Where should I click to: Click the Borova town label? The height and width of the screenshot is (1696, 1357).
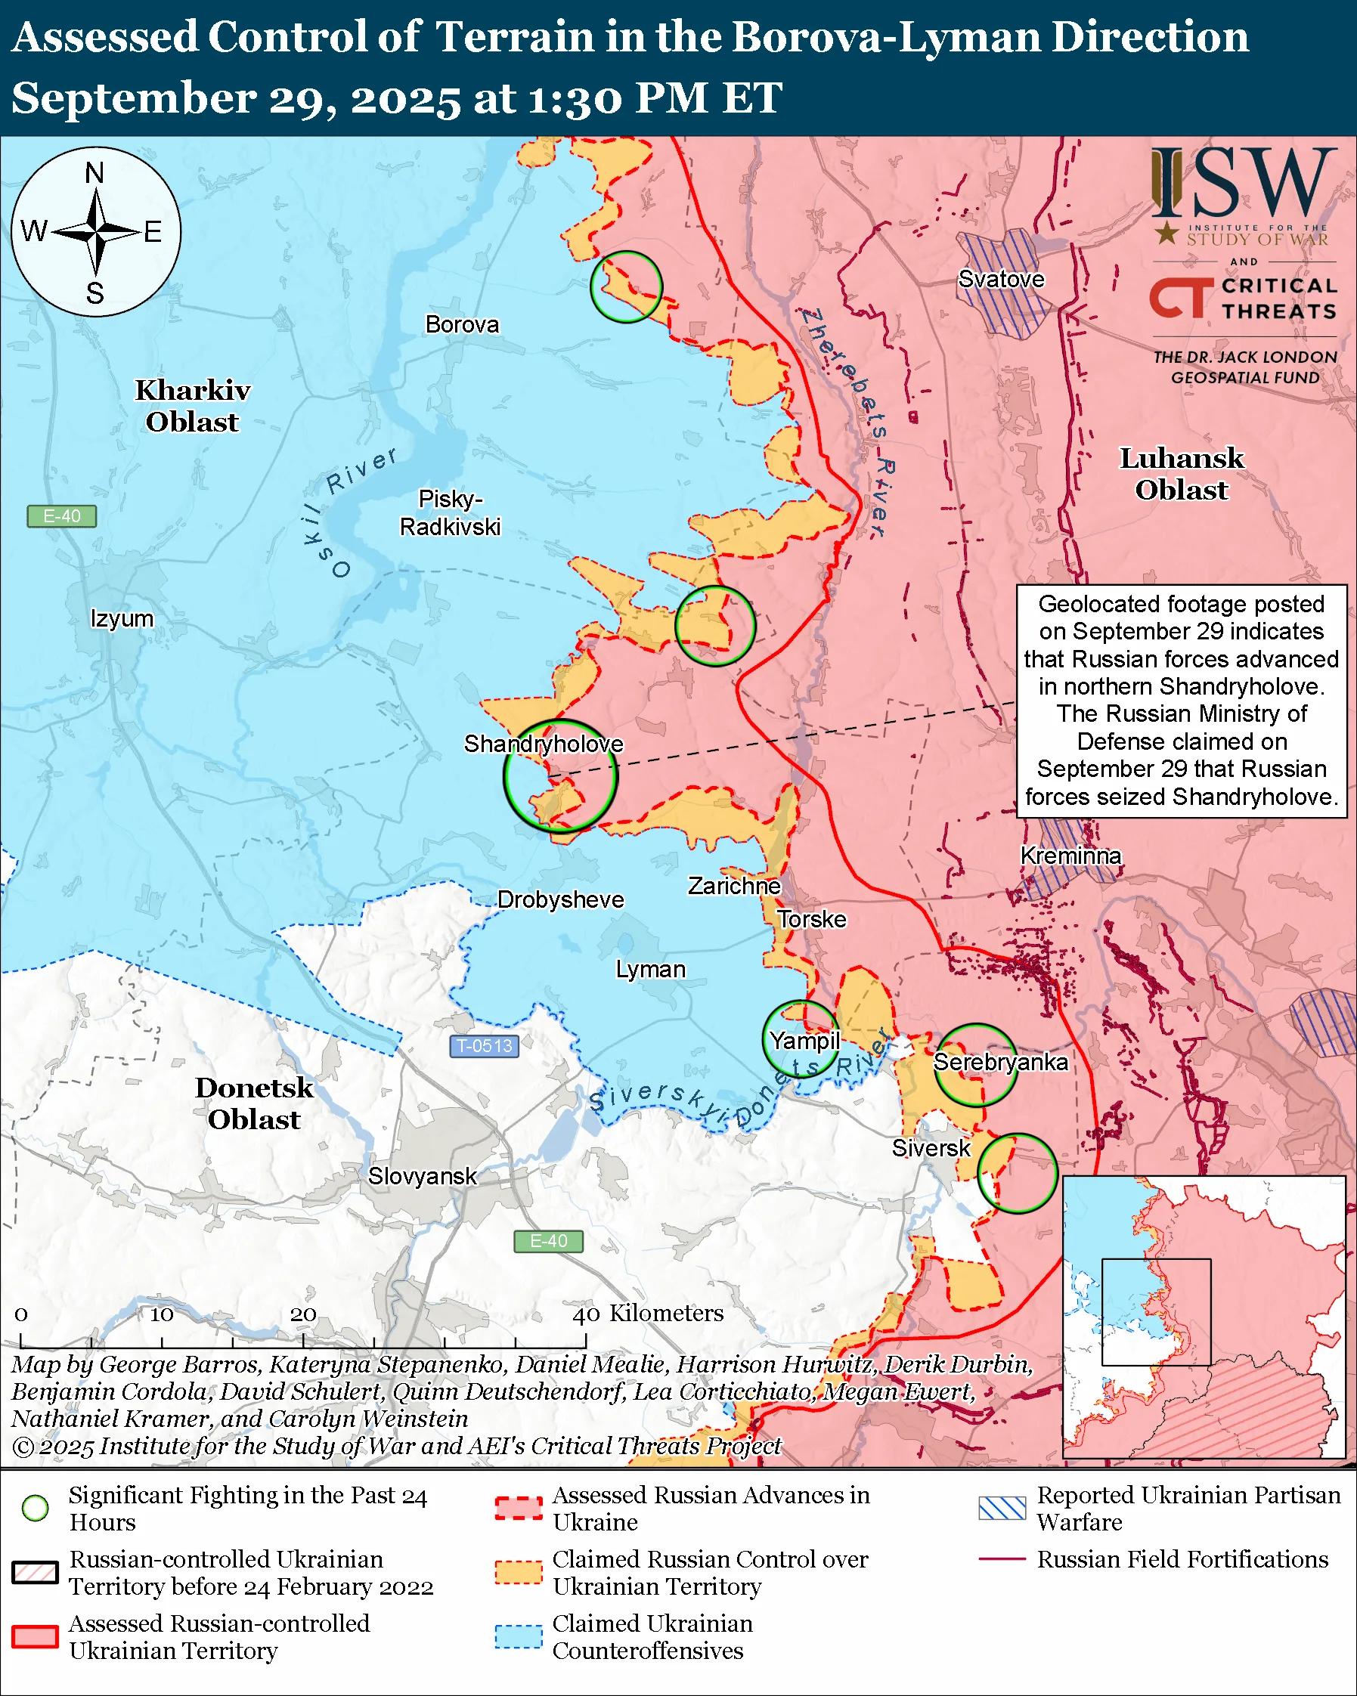462,324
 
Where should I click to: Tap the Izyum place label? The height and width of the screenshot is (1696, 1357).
122,618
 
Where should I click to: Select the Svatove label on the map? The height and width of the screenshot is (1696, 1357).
1001,279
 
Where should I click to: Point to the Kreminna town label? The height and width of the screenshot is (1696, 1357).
1070,855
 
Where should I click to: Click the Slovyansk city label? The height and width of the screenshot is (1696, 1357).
423,1176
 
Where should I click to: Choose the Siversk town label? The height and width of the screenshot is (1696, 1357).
931,1148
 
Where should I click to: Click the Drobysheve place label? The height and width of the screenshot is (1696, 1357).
560,899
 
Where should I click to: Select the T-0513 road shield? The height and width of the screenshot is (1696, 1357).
485,1046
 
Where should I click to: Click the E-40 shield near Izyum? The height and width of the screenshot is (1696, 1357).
61,516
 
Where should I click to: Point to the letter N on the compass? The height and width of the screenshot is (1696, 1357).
94,172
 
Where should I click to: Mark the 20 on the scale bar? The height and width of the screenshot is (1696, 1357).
303,1314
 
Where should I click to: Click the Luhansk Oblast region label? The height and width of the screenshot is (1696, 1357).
1182,474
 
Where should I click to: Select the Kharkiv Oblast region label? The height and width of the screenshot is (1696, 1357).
193,406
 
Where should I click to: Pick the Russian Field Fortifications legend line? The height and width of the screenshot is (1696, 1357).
1002,1558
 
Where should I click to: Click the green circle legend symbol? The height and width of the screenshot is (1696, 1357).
36,1508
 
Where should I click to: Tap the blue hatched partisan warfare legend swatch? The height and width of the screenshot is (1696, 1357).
1002,1508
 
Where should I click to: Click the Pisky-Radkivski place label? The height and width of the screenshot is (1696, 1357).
450,513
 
